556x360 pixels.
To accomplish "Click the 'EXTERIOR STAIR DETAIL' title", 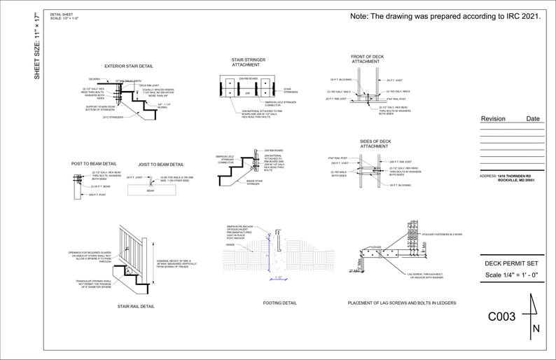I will pyautogui.click(x=130, y=67).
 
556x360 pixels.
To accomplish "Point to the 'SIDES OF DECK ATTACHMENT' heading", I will pyautogui.click(x=375, y=144).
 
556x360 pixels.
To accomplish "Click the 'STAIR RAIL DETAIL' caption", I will pyautogui.click(x=135, y=306).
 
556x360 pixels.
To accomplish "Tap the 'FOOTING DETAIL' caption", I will pyautogui.click(x=279, y=303).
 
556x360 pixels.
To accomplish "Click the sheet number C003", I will pyautogui.click(x=501, y=317).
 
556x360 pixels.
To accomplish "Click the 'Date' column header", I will pyautogui.click(x=533, y=119).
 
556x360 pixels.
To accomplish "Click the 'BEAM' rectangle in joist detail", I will pyautogui.click(x=150, y=191).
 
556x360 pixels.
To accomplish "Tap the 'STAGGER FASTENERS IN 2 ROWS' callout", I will pyautogui.click(x=442, y=234).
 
